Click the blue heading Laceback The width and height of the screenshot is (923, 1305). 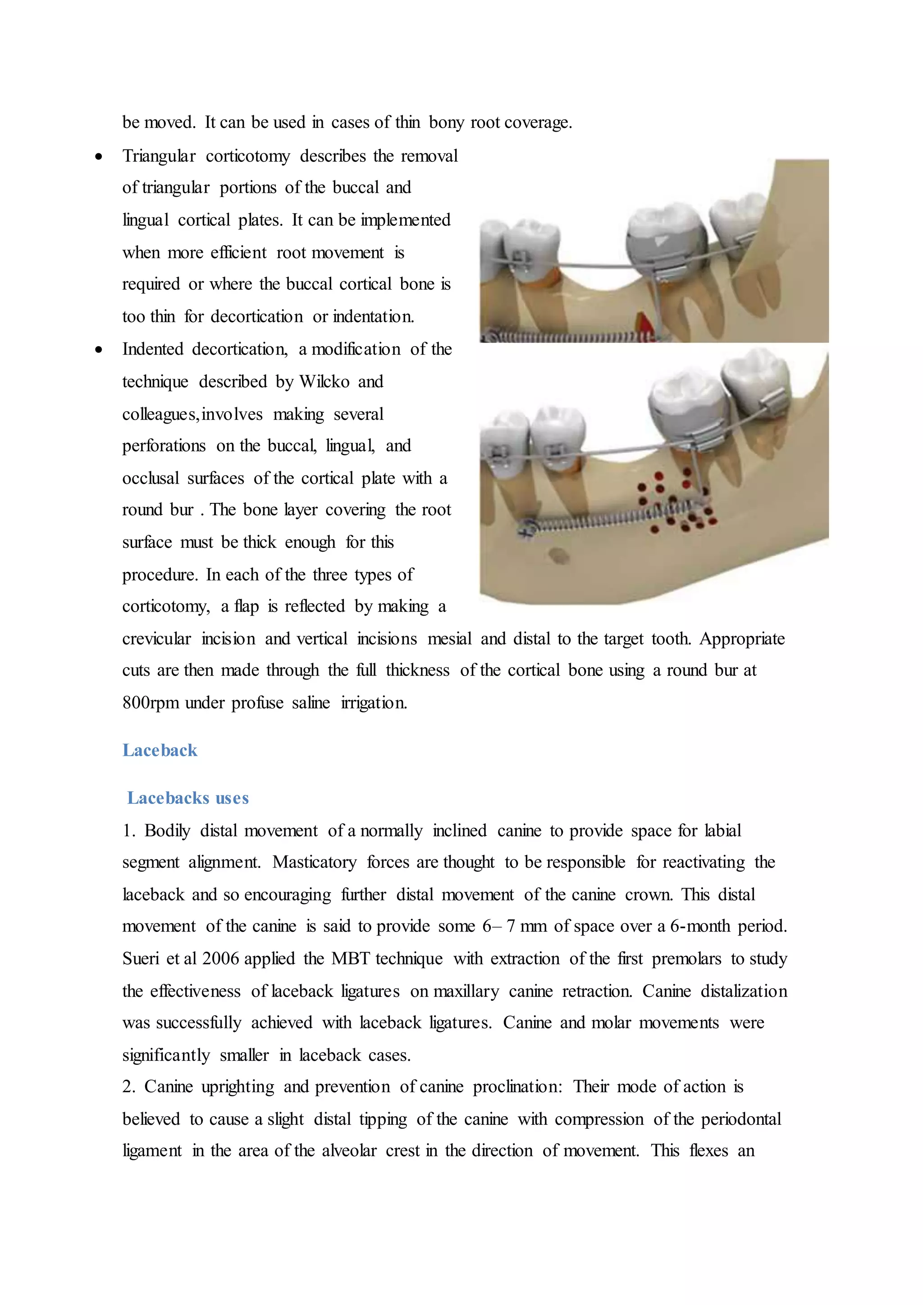[x=160, y=750]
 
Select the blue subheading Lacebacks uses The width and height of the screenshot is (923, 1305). [x=187, y=798]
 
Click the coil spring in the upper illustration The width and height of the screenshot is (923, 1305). [x=568, y=336]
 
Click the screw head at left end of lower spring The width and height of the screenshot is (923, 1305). [x=526, y=528]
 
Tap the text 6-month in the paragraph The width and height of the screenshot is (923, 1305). [x=699, y=926]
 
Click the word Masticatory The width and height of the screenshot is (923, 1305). [x=314, y=862]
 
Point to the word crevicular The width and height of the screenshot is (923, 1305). [x=156, y=639]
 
